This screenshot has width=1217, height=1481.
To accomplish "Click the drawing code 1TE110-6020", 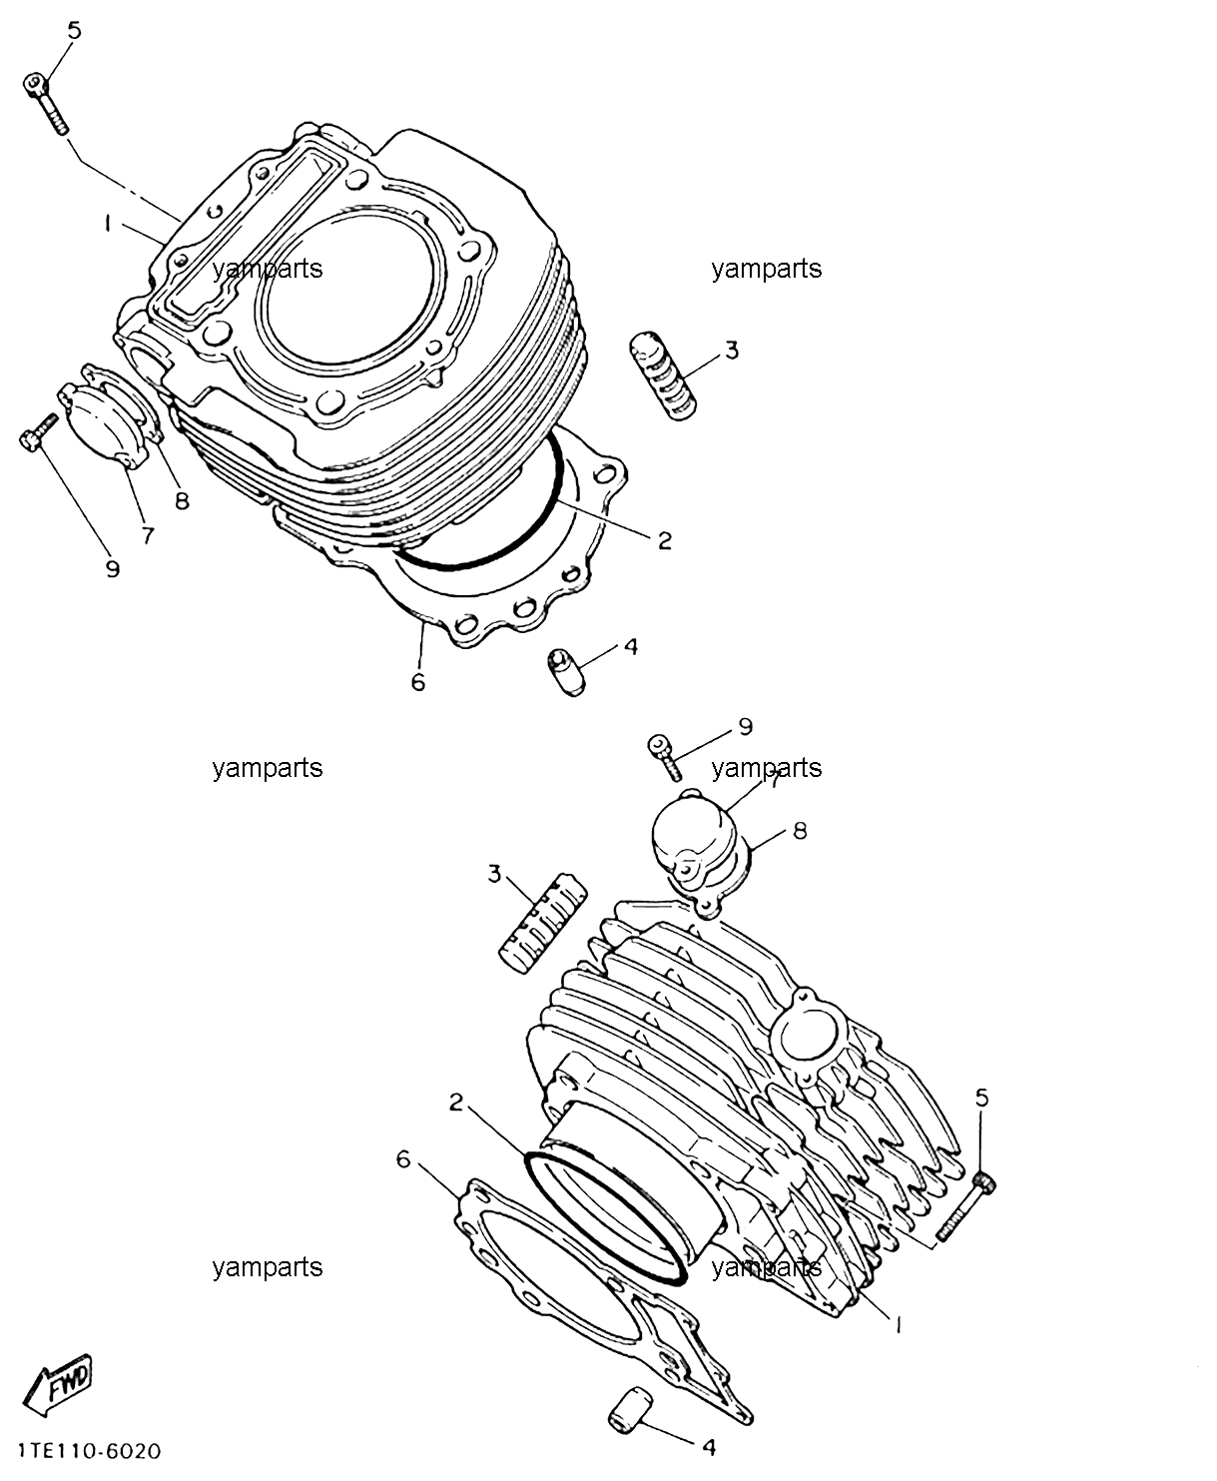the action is point(90,1450).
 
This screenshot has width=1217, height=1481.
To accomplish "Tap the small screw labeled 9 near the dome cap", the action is point(664,756).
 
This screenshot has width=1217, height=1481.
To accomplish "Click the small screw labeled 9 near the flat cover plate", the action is point(38,431).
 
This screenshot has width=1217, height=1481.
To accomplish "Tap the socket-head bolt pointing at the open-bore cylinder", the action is point(47,103).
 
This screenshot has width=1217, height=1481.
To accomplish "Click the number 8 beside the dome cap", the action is point(800,831).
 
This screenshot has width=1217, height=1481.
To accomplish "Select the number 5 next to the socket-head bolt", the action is point(74,31).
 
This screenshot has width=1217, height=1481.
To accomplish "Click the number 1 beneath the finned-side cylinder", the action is point(898,1324).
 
